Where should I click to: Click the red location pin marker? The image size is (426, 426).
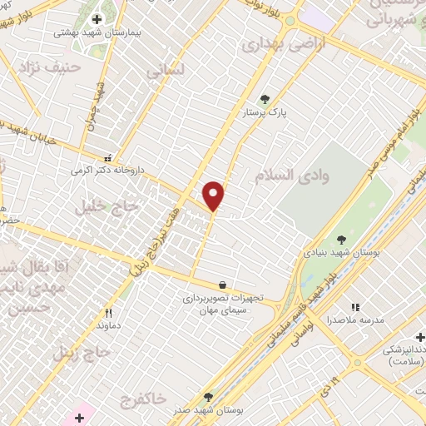click(214, 196)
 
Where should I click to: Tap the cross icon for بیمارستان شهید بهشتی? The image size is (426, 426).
click(97, 18)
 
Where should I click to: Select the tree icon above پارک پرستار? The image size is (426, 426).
click(265, 99)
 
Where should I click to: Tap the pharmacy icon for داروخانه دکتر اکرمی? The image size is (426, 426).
click(107, 156)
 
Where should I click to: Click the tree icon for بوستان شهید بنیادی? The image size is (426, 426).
click(341, 240)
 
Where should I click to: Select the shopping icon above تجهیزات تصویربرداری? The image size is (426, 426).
click(221, 284)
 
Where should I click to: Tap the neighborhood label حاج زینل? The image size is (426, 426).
click(81, 352)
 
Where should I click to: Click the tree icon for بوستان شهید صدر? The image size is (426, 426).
click(208, 397)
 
